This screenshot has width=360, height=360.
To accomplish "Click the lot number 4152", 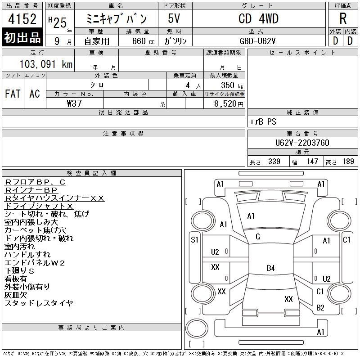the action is pos(22,19).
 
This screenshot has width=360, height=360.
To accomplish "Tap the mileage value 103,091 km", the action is pos(46,64).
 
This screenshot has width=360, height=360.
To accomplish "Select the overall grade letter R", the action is pos(343,18).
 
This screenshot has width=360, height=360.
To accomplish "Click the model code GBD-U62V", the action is pos(257,41).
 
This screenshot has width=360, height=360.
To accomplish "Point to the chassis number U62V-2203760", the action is pos(302,143).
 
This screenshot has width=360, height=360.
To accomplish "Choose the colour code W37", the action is pos(74,103).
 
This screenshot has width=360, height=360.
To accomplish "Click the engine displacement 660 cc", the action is pos(143,41).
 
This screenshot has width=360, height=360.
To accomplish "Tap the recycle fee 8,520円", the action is pos(229,104).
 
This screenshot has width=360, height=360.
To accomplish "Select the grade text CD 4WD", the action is pos(258,18).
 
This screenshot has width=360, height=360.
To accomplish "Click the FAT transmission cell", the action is pos(13,94).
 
